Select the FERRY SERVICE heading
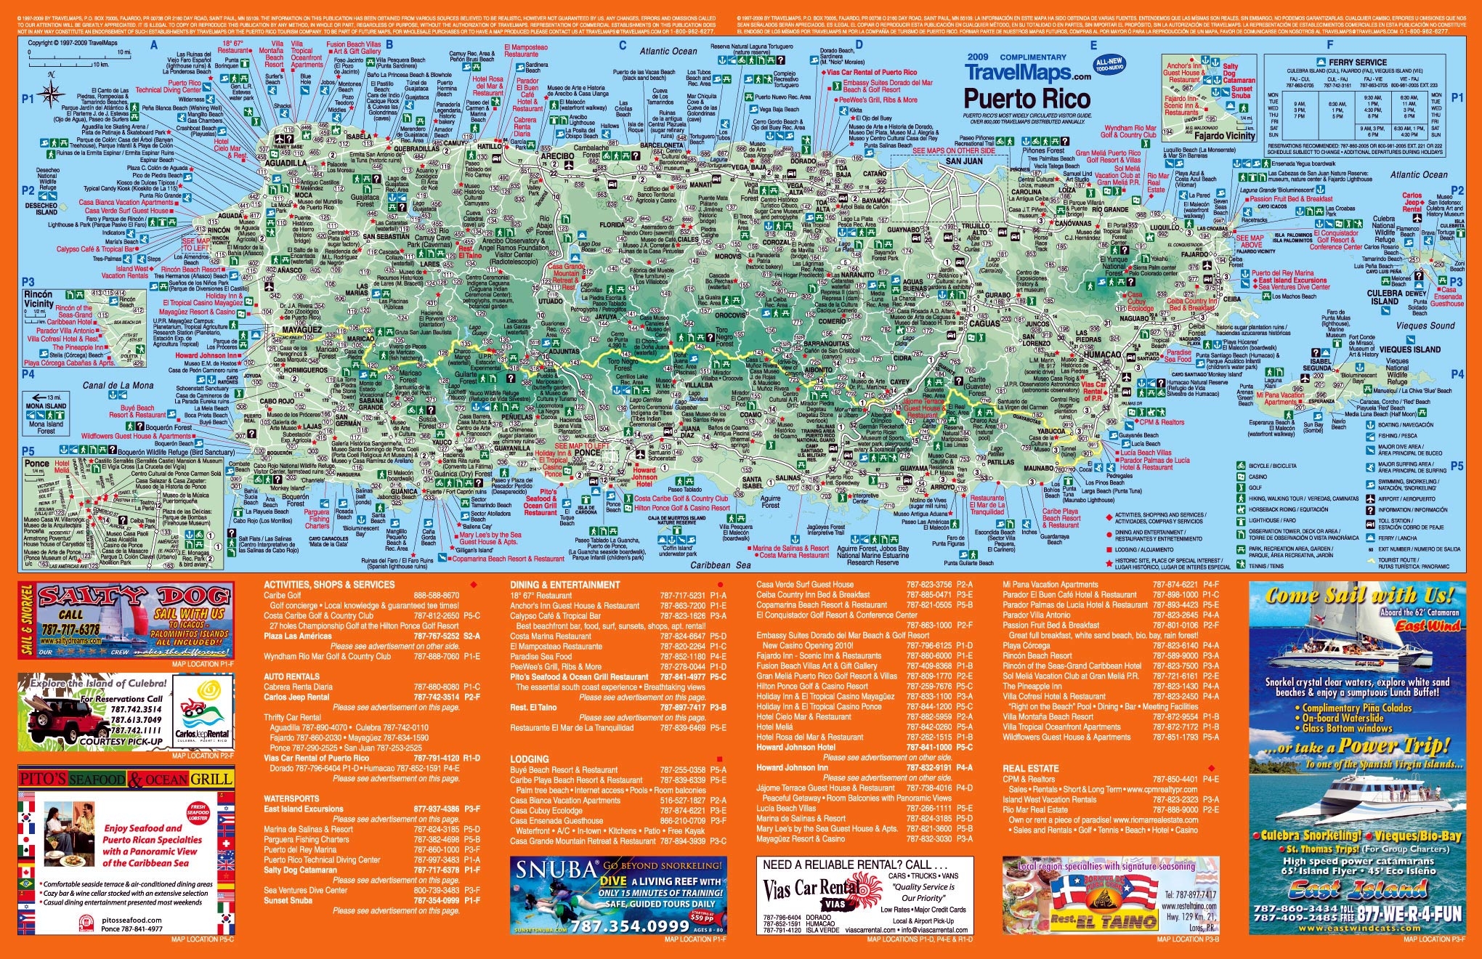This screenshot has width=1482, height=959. [x=1357, y=62]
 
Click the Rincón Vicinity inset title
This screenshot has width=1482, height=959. [x=39, y=299]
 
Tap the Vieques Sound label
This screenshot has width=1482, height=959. [x=1425, y=325]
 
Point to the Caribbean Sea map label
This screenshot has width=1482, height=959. [x=720, y=565]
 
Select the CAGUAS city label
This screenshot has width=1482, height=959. [x=985, y=323]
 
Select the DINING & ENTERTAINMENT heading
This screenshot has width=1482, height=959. [x=565, y=585]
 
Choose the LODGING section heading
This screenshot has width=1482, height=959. [x=529, y=759]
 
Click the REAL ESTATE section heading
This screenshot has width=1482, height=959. [x=1030, y=768]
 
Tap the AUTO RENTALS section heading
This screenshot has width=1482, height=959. [x=292, y=676]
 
